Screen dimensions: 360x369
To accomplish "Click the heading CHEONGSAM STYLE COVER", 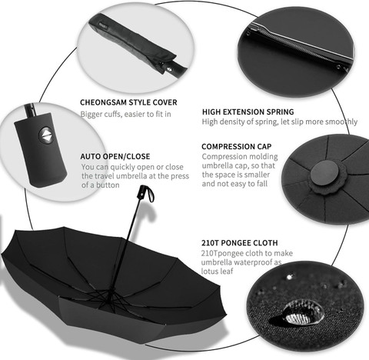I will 128,102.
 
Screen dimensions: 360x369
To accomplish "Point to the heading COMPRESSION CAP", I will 236,146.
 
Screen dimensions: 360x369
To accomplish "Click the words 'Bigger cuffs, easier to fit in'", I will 125,115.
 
